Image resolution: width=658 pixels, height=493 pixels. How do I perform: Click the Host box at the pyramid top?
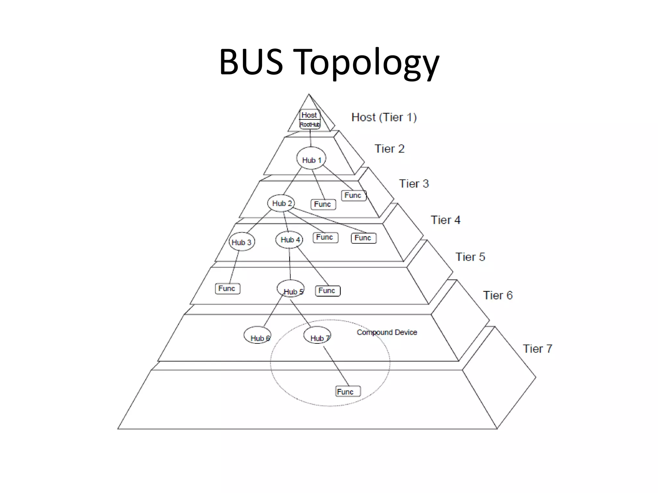(309, 115)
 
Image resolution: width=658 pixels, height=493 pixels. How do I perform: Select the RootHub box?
(310, 125)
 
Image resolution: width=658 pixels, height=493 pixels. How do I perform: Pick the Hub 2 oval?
(281, 203)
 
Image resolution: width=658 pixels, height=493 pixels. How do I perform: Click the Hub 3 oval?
(242, 242)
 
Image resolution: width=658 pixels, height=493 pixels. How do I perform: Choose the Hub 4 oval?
(289, 239)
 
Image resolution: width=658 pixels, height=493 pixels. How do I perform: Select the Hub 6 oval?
(257, 335)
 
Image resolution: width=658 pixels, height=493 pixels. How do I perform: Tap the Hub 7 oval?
(317, 335)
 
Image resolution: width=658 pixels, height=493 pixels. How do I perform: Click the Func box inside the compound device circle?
(348, 391)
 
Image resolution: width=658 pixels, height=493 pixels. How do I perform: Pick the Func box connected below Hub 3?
(227, 289)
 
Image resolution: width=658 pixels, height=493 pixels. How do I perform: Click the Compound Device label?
(387, 332)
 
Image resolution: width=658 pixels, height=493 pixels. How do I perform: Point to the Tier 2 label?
(389, 149)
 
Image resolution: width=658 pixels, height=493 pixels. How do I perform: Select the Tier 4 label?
(445, 220)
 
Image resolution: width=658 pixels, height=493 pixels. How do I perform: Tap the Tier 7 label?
(538, 349)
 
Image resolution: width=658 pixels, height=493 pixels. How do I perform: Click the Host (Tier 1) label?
(384, 117)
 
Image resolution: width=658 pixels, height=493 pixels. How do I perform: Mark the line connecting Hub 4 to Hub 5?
(290, 264)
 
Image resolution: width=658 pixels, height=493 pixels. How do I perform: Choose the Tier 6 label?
(498, 295)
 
